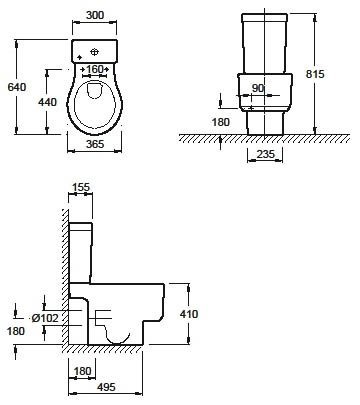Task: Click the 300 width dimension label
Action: coord(95,15)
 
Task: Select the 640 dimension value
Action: coord(17,87)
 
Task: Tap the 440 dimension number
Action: coord(47,102)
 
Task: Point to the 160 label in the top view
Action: coord(95,69)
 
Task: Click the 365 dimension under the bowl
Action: coord(95,144)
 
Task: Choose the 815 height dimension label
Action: coord(315,74)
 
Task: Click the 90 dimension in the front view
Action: coord(258,88)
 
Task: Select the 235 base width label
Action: coord(266,154)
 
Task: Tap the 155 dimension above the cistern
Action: coord(81,187)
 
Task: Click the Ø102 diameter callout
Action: coord(45,318)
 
